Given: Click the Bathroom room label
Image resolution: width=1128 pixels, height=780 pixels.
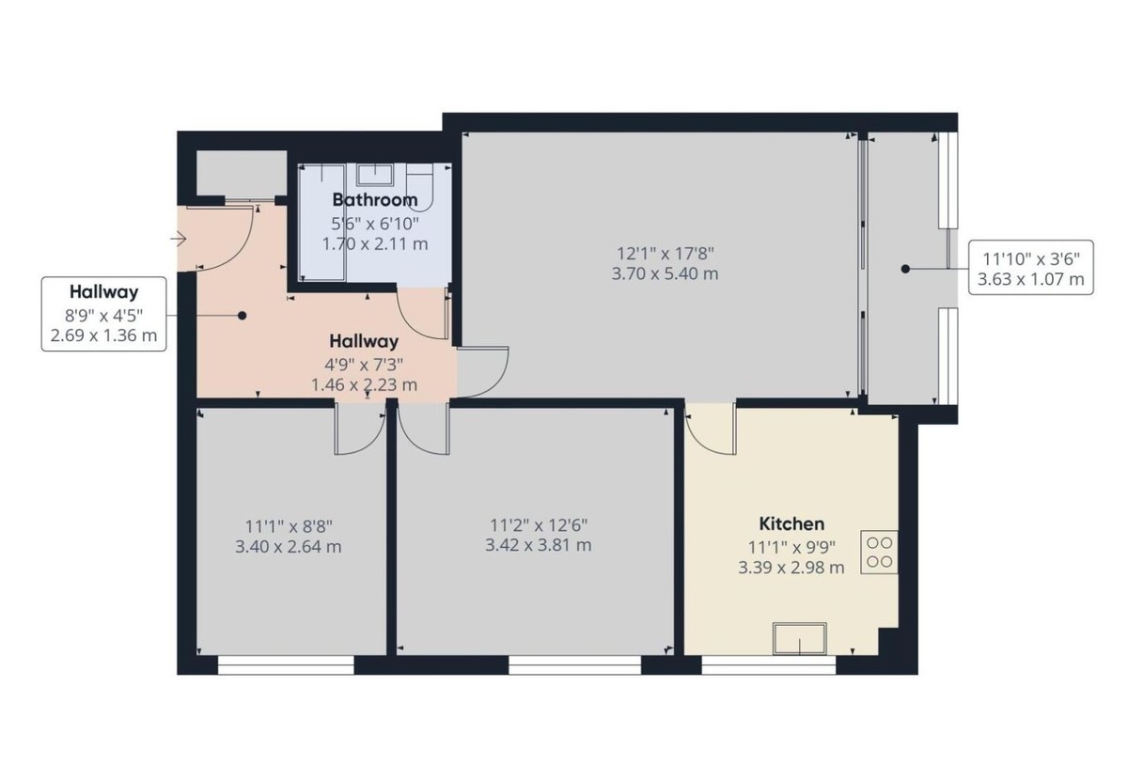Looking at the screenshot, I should pyautogui.click(x=374, y=199).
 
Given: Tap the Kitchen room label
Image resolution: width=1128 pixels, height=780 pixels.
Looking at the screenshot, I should pyautogui.click(x=791, y=523).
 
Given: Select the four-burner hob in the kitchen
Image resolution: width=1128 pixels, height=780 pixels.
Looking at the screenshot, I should pyautogui.click(x=880, y=552).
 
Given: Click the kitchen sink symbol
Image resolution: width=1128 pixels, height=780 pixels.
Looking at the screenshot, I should pyautogui.click(x=800, y=638).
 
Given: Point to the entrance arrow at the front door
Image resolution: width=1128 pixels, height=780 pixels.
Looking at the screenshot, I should pyautogui.click(x=178, y=241).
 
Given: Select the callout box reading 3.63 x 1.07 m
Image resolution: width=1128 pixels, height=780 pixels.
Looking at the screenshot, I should pyautogui.click(x=1032, y=268).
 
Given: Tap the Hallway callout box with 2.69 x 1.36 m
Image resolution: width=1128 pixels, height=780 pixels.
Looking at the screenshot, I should pyautogui.click(x=103, y=314).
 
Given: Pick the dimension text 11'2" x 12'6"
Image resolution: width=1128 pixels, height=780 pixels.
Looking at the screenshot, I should pyautogui.click(x=540, y=524).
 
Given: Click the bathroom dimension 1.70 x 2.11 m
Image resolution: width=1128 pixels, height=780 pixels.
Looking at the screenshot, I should pyautogui.click(x=374, y=243).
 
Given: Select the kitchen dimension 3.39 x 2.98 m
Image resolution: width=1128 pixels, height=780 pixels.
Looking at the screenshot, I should pyautogui.click(x=791, y=567).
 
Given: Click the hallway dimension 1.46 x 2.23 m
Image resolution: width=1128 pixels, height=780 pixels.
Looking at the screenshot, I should pyautogui.click(x=364, y=384).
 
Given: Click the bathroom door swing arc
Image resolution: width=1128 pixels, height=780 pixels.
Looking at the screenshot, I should pyautogui.click(x=420, y=315).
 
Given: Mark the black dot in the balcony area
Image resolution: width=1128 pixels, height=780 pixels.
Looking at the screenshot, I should pyautogui.click(x=905, y=269).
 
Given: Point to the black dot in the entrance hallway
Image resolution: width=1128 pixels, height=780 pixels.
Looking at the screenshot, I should pyautogui.click(x=242, y=316).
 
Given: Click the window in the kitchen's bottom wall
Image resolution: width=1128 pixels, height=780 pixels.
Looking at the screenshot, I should pyautogui.click(x=768, y=665).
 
